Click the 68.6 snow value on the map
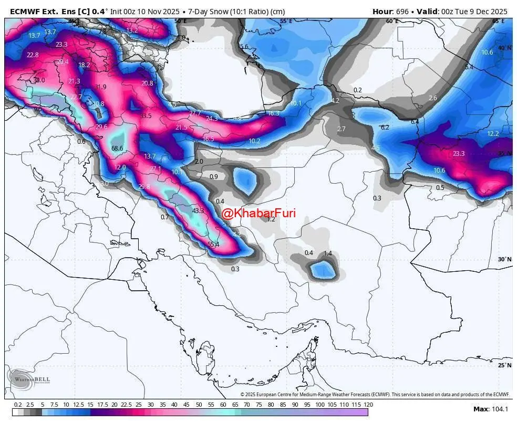pyautogui.click(x=117, y=149)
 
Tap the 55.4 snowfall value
pyautogui.click(x=213, y=244)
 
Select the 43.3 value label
pyautogui.click(x=198, y=210)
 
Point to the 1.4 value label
pyautogui.click(x=327, y=253)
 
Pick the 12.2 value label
pyautogui.click(x=493, y=134)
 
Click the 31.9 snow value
pyautogui.click(x=100, y=87)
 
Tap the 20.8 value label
pyautogui.click(x=148, y=83)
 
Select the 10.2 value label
pyautogui.click(x=254, y=141)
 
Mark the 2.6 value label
pyautogui.click(x=433, y=98)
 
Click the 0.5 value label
pyautogui.click(x=440, y=187)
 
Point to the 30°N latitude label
pyautogui.click(x=504, y=259)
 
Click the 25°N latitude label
pyautogui.click(x=504, y=365)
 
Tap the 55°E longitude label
pyautogui.click(x=286, y=21)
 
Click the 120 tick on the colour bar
pyautogui.click(x=368, y=405)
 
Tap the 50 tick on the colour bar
pyautogui.click(x=199, y=405)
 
